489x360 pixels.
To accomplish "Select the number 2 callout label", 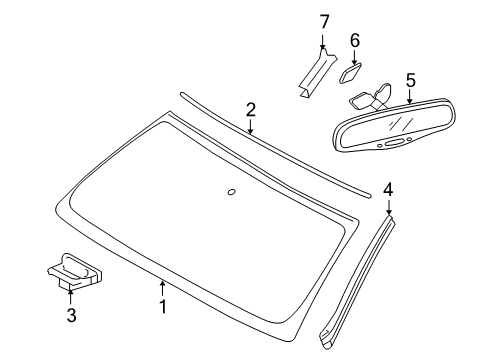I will coord(251,109).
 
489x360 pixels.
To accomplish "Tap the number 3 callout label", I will coord(70,315).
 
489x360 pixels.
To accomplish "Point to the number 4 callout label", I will coord(388,187).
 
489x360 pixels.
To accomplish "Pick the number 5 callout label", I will coord(410,78).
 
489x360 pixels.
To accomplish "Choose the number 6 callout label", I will coord(354,40).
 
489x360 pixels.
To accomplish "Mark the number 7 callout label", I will coord(323,21).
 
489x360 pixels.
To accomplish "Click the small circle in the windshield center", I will coord(231,192).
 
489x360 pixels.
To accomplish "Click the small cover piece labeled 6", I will coord(351,72).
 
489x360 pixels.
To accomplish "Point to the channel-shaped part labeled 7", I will coord(312,75).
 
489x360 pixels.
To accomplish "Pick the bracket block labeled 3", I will coord(73,268).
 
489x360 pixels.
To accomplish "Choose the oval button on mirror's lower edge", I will coord(397,143).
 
